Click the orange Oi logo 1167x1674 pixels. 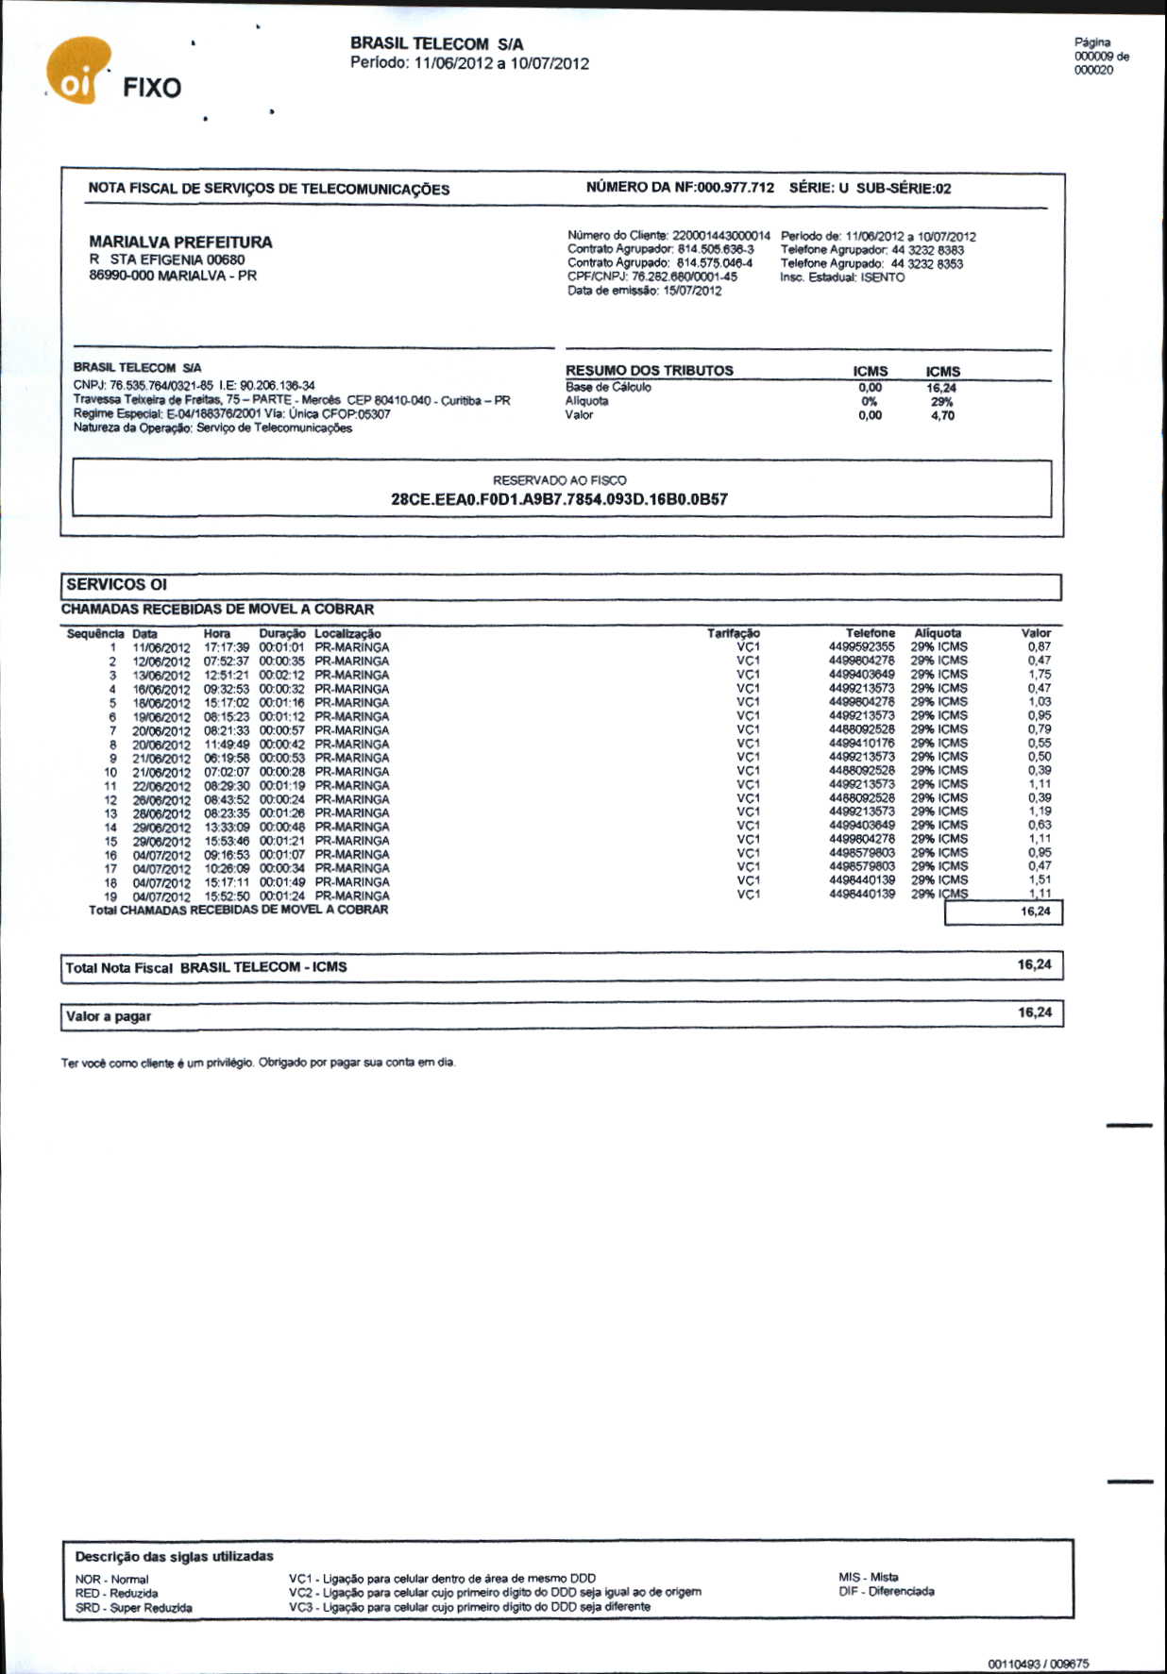(x=77, y=72)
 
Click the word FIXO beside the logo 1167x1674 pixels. (x=152, y=89)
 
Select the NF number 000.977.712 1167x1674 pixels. (x=735, y=188)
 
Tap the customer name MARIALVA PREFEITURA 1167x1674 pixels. (x=180, y=243)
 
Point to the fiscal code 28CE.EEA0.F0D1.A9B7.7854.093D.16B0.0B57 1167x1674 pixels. (x=559, y=499)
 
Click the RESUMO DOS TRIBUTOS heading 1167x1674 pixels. (x=649, y=371)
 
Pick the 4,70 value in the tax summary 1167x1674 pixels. (x=941, y=415)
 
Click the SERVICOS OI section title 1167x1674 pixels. (x=116, y=585)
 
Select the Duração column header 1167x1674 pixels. (x=281, y=634)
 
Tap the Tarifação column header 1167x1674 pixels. (x=733, y=634)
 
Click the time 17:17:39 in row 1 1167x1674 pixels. (x=227, y=648)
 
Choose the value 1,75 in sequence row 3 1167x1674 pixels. (x=1039, y=675)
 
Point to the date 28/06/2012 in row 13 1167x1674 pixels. (x=161, y=813)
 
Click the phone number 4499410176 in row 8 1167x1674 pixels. (x=861, y=744)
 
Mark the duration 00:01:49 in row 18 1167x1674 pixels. (x=281, y=882)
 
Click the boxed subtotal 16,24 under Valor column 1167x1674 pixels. (x=1035, y=912)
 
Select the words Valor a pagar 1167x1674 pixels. (x=109, y=1017)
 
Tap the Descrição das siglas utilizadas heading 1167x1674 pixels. (x=174, y=1557)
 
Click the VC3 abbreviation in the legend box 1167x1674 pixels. (x=299, y=1607)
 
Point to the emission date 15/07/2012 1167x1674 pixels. (x=692, y=292)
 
